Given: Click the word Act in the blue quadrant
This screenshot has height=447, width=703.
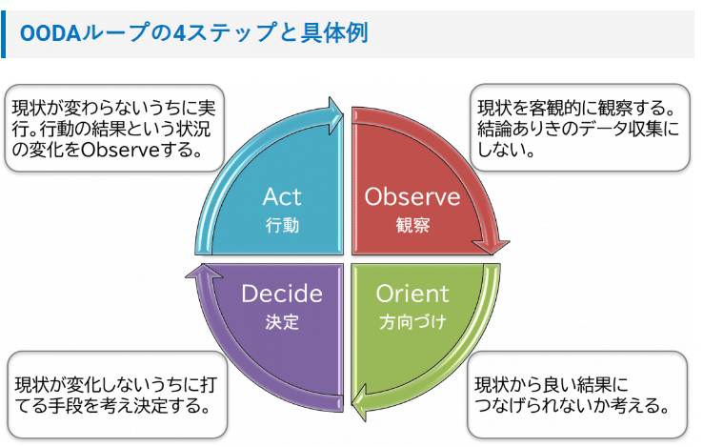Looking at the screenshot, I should (x=282, y=197).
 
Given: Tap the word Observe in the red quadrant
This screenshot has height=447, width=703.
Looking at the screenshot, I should (x=412, y=197).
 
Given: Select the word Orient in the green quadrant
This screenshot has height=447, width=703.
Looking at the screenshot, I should (x=412, y=293).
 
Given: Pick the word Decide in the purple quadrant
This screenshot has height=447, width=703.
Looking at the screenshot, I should (x=282, y=293).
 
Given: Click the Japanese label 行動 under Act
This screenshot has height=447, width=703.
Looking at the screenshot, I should (x=282, y=226).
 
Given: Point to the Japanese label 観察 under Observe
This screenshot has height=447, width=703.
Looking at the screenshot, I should (x=412, y=226).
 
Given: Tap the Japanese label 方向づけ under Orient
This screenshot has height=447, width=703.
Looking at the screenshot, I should (x=412, y=321).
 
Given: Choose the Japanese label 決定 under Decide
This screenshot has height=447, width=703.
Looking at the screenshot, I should (x=282, y=321).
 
